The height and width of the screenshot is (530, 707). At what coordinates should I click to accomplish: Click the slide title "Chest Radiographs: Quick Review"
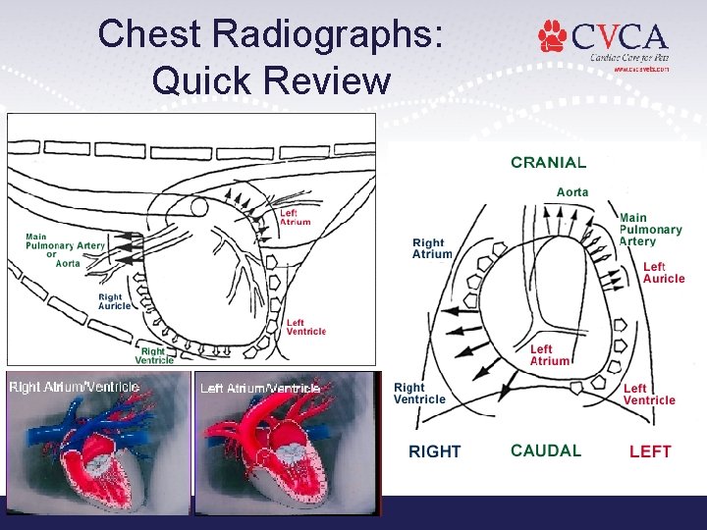click(x=272, y=56)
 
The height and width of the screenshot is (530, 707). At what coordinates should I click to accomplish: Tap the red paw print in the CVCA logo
click(x=553, y=36)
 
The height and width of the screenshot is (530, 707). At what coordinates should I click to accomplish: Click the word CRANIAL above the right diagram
click(x=548, y=163)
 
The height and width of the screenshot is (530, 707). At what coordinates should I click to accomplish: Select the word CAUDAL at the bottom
click(x=546, y=450)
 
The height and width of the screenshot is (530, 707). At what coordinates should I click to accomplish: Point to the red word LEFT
click(x=650, y=451)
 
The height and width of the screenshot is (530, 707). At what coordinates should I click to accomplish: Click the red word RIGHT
click(x=435, y=451)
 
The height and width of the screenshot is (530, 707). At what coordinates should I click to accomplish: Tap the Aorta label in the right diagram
click(x=572, y=192)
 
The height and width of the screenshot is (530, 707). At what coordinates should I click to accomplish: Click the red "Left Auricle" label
click(x=664, y=273)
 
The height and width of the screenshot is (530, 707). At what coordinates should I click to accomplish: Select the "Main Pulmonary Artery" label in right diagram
click(x=649, y=230)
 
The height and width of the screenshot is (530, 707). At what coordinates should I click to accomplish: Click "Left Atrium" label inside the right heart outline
click(x=549, y=355)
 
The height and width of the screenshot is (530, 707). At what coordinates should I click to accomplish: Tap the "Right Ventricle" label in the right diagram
click(x=419, y=394)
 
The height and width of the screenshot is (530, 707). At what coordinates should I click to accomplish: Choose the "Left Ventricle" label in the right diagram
click(x=649, y=395)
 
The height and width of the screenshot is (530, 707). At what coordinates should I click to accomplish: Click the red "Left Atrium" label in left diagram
click(x=295, y=217)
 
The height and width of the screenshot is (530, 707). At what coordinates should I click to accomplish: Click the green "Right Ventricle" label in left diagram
click(x=154, y=355)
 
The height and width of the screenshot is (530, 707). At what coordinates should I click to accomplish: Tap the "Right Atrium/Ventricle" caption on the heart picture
click(x=75, y=387)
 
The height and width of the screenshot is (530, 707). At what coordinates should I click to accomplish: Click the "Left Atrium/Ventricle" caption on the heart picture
click(x=260, y=388)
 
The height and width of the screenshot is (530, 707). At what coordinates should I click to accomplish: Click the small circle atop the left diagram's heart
click(x=199, y=207)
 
